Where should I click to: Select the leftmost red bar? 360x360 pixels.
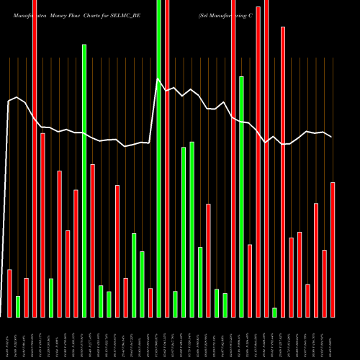coord(9,293)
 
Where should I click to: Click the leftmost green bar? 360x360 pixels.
coord(18,306)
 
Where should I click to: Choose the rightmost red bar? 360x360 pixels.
coord(333,249)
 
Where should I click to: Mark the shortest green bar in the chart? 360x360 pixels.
coord(274,312)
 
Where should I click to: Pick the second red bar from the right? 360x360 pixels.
coord(324,283)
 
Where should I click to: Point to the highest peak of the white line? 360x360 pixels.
coord(158,78)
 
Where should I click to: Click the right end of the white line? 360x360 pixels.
coord(332,137)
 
